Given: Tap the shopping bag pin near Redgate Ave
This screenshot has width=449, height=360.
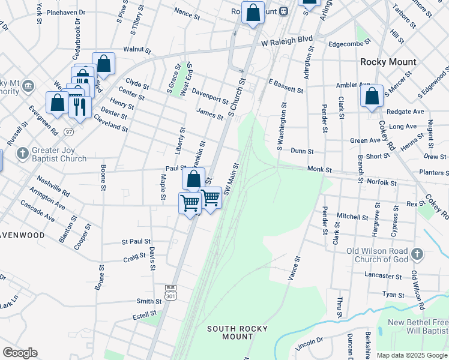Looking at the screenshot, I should [372, 95].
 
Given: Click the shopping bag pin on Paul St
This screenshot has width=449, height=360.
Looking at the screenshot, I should [193, 179].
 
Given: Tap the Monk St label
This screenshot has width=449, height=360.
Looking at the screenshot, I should [319, 170].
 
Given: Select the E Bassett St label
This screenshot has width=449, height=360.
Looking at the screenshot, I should [286, 86].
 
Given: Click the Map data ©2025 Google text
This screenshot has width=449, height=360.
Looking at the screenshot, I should [412, 355].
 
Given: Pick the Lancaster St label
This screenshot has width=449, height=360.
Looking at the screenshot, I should [384, 276].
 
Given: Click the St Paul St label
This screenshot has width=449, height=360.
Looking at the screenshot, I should [136, 242].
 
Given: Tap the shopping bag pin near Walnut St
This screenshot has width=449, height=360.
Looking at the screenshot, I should [103, 64].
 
